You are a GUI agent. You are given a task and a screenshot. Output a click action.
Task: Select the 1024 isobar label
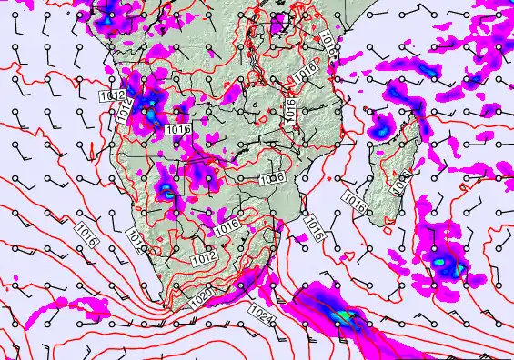(x=258, y=313)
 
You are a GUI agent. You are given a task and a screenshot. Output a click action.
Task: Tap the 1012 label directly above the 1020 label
(x=206, y=259)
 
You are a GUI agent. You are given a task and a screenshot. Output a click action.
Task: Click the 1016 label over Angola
(x=178, y=131)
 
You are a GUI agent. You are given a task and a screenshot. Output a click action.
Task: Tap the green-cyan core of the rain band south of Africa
(x=342, y=315)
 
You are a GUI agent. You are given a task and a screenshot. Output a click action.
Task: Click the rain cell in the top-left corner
(x=107, y=17)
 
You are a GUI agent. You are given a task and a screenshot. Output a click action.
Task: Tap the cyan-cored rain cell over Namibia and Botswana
(x=167, y=190)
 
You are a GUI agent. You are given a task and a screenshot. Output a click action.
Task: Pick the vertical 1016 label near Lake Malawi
(x=289, y=109)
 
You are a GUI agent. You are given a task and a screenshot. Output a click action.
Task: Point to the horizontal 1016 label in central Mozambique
(x=272, y=178)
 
